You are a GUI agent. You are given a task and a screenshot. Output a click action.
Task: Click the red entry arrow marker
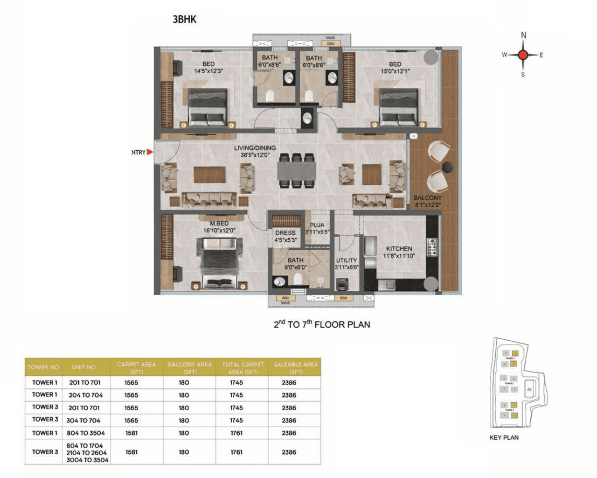pos(150,152)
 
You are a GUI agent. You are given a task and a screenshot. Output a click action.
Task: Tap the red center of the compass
pos(523,55)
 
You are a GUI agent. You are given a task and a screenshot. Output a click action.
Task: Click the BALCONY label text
pos(427,198)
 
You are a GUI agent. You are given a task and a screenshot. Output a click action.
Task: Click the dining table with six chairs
pos(297,170)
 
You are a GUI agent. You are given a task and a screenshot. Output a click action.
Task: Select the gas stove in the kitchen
pos(432,246)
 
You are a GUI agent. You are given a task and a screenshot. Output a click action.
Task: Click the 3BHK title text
pos(184,19)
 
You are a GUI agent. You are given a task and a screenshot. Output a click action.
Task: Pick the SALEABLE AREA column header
pos(295,368)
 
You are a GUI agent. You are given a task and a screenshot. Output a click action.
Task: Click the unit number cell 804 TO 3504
pos(85,433)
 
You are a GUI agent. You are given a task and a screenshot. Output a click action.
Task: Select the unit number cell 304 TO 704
pos(84,420)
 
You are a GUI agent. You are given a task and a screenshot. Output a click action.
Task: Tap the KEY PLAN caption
pos(504,437)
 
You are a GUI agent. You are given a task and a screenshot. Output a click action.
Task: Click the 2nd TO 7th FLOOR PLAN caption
pos(322,324)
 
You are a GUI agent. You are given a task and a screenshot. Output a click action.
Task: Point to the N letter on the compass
pos(523,35)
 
